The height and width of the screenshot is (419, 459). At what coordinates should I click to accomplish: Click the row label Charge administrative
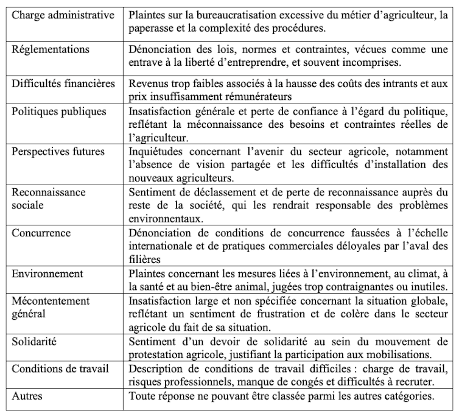(x=63, y=15)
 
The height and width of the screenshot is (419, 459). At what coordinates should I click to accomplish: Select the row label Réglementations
(x=51, y=49)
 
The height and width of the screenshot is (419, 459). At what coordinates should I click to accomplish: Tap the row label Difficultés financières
(x=63, y=83)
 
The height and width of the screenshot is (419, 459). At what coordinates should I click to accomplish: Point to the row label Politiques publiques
(x=59, y=111)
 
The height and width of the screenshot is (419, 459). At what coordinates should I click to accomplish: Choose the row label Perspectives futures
(x=58, y=152)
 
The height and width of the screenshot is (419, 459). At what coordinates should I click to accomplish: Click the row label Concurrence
(x=41, y=233)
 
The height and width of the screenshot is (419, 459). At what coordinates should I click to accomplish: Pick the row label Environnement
(x=47, y=273)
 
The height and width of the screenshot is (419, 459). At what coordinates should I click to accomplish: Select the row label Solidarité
(x=35, y=342)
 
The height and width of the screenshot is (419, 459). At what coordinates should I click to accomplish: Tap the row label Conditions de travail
(x=60, y=369)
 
